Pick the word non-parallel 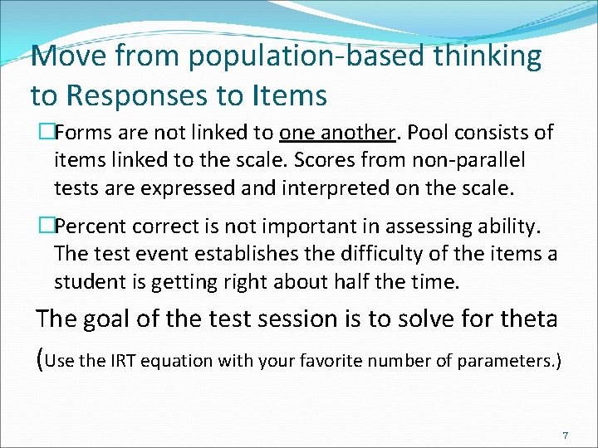pos(476,160)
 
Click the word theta pos(529,319)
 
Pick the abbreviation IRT pos(125,360)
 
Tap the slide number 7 pos(565,436)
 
